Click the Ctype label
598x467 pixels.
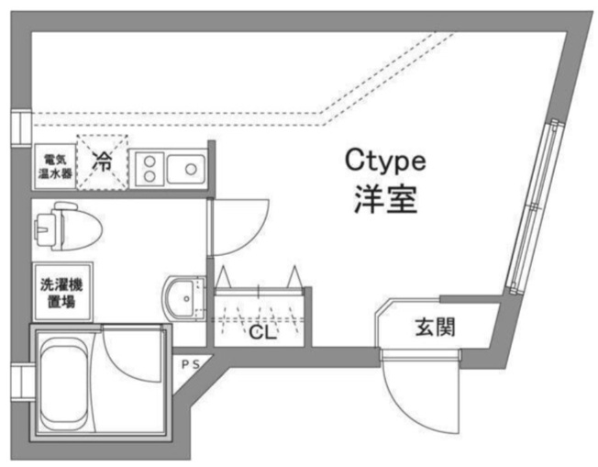click(x=385, y=161)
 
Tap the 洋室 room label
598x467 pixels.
click(x=385, y=199)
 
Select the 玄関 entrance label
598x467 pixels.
click(x=435, y=328)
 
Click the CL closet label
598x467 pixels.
click(x=262, y=333)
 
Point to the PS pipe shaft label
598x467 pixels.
click(x=191, y=365)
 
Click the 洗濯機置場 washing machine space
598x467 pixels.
click(x=62, y=292)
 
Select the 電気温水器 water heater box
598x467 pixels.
click(x=54, y=166)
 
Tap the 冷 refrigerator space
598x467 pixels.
click(x=102, y=161)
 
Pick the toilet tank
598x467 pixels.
click(x=49, y=228)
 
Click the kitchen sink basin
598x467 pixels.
click(x=186, y=169)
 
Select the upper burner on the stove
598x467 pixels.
click(x=149, y=161)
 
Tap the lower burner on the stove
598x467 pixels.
click(x=149, y=176)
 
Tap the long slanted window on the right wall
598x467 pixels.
click(x=533, y=207)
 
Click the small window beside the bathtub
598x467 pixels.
click(x=21, y=382)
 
